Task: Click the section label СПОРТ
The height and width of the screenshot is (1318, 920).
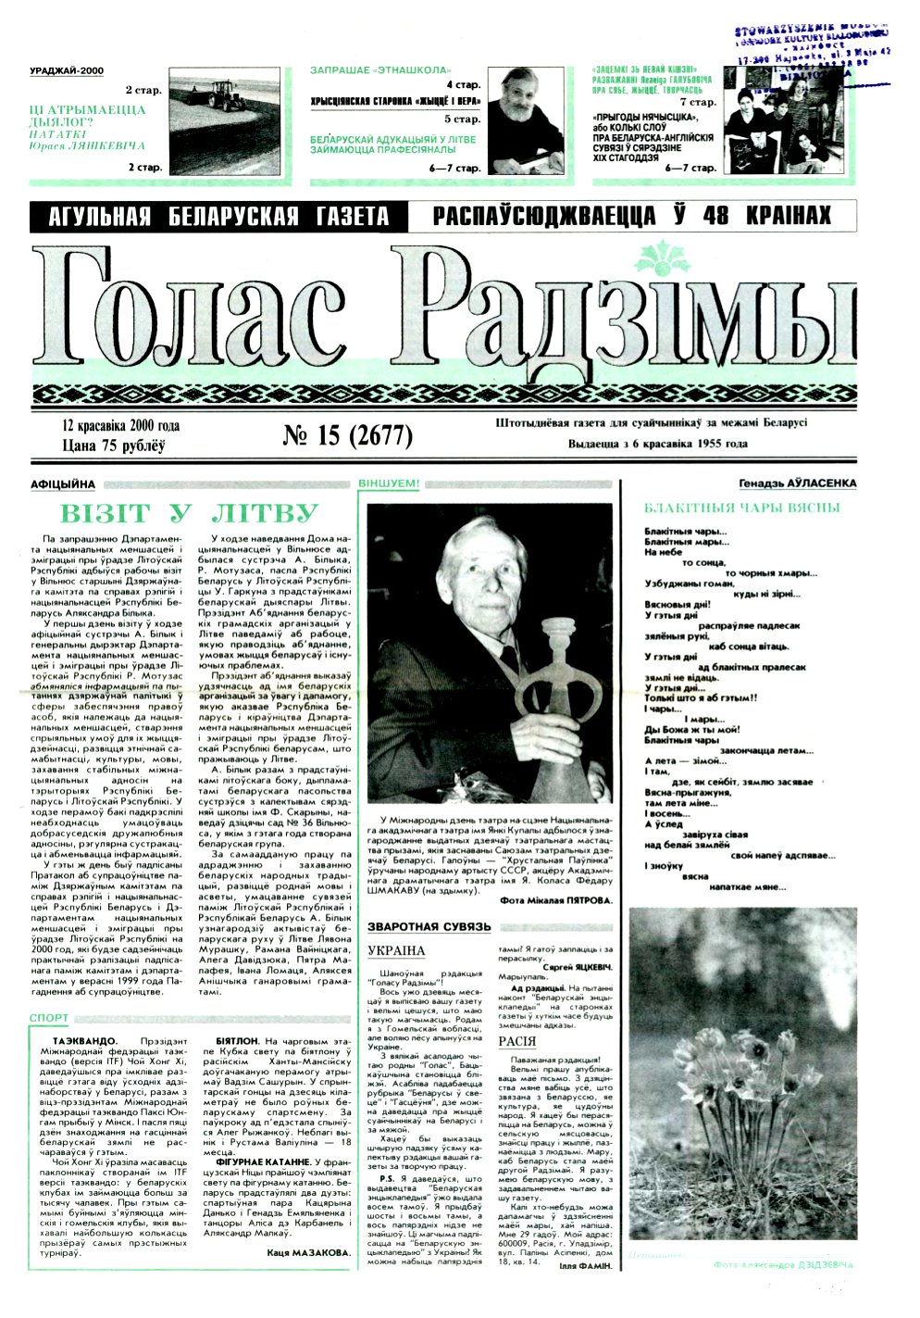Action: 48,1018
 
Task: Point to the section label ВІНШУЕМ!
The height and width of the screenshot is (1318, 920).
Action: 389,483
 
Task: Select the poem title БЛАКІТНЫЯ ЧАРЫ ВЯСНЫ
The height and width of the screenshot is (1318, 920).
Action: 741,508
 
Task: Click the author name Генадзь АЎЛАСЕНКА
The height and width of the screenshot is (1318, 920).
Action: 798,483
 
